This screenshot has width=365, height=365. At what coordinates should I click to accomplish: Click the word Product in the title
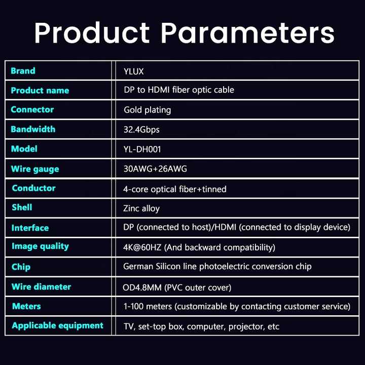(92, 32)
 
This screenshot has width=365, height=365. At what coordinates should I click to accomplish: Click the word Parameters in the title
(248, 32)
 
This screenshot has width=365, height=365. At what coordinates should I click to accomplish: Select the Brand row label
(23, 71)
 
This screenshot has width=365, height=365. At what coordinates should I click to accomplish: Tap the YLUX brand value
(134, 71)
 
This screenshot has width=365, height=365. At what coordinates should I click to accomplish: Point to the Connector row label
(32, 109)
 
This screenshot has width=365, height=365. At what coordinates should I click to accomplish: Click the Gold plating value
(148, 110)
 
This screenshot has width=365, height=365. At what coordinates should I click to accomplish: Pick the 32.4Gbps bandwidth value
(141, 130)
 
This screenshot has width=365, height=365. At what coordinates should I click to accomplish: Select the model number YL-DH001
(142, 149)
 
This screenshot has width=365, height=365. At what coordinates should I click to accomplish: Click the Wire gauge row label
(35, 169)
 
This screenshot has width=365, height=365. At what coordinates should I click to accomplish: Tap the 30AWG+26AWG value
(155, 169)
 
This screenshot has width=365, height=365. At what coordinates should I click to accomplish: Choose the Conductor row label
(34, 188)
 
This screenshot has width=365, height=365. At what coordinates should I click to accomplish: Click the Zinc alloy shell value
(141, 208)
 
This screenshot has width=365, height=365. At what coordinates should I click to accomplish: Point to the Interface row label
(30, 228)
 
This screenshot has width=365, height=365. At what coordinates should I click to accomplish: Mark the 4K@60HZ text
(142, 247)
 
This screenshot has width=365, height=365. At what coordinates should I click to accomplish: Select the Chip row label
(21, 267)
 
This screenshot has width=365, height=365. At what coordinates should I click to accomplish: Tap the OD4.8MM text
(142, 288)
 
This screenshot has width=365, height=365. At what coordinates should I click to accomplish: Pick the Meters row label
(26, 306)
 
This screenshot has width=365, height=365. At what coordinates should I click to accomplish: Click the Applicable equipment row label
(57, 325)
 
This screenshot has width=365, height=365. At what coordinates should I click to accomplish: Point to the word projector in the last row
(246, 327)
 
